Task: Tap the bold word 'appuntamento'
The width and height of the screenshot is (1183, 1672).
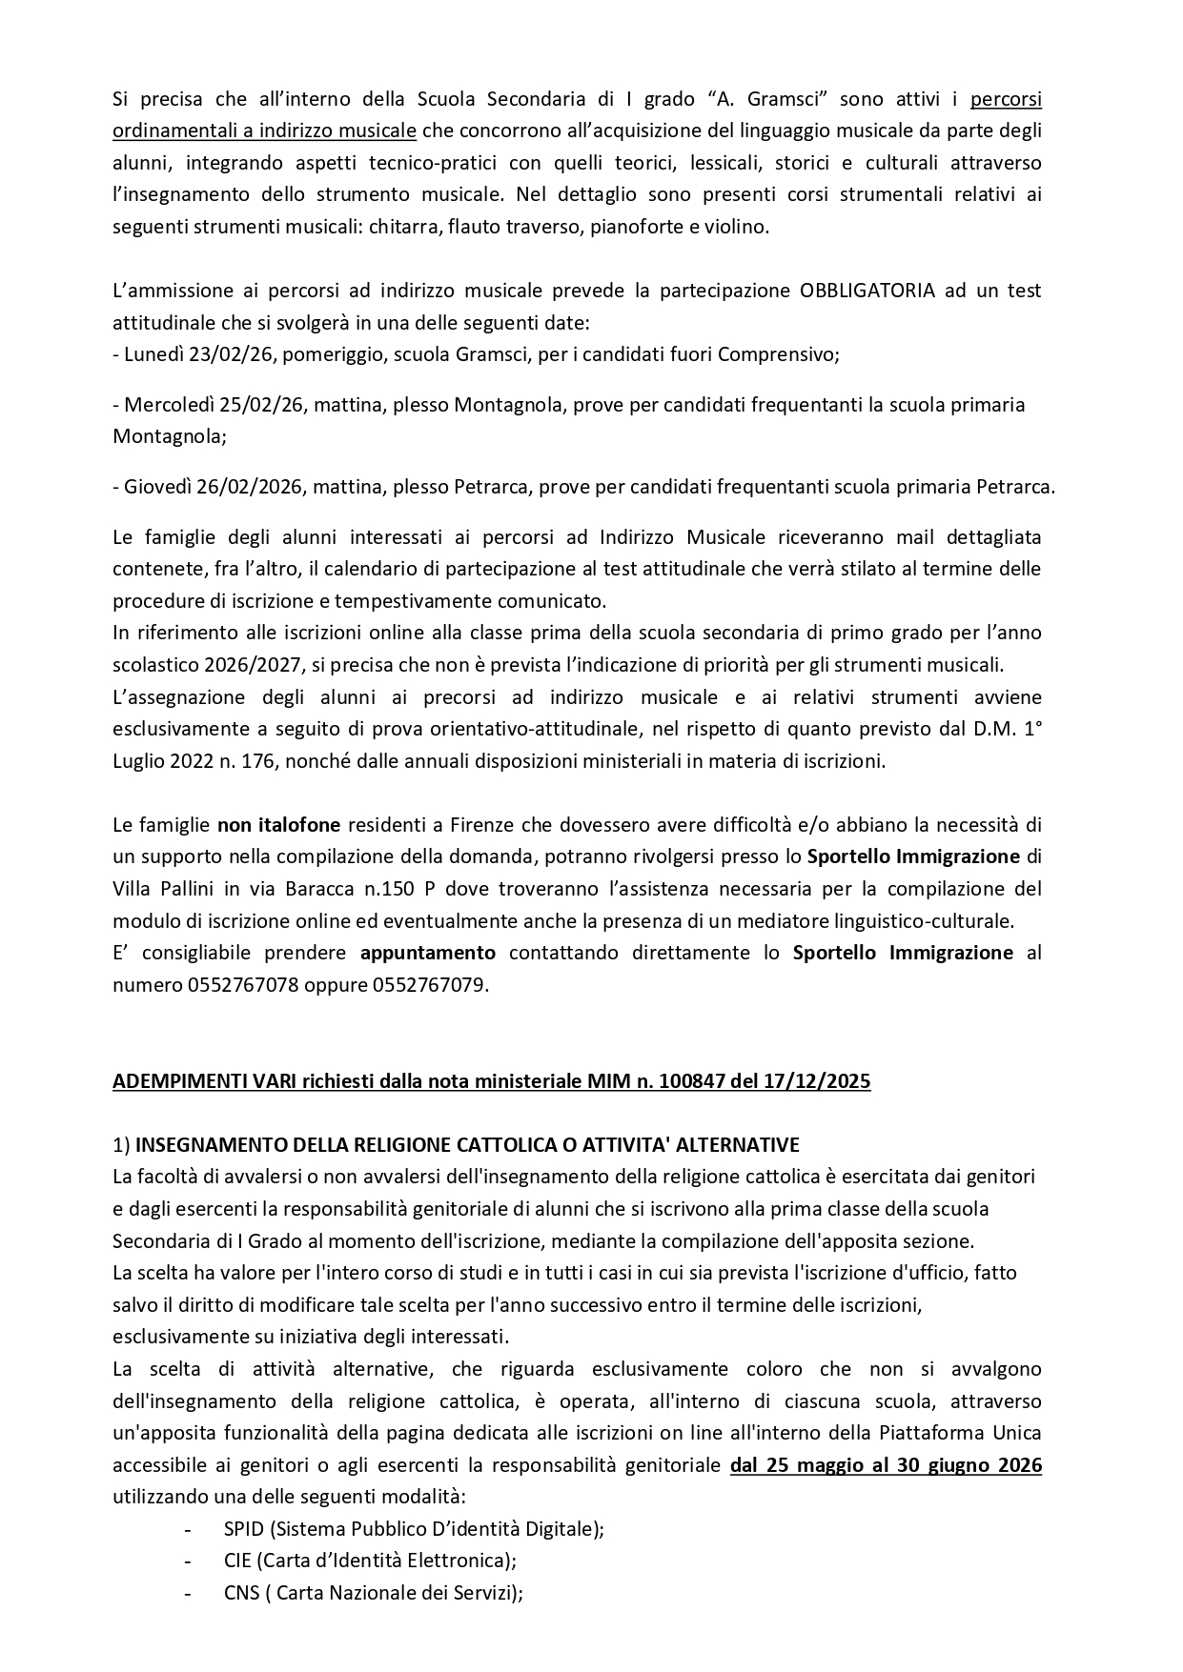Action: pyautogui.click(x=428, y=953)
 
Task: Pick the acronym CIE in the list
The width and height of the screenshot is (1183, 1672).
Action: pyautogui.click(x=237, y=1561)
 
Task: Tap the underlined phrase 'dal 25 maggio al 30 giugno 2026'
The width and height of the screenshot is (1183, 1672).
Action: pyautogui.click(x=886, y=1465)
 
